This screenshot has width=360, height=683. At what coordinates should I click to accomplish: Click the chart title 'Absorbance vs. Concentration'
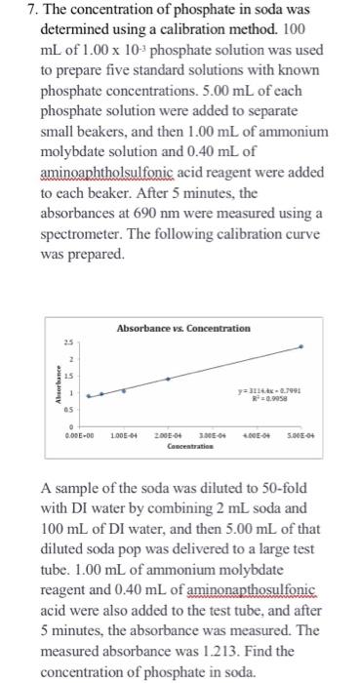pos(182,328)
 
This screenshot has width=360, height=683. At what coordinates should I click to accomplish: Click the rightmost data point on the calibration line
pos(300,346)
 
